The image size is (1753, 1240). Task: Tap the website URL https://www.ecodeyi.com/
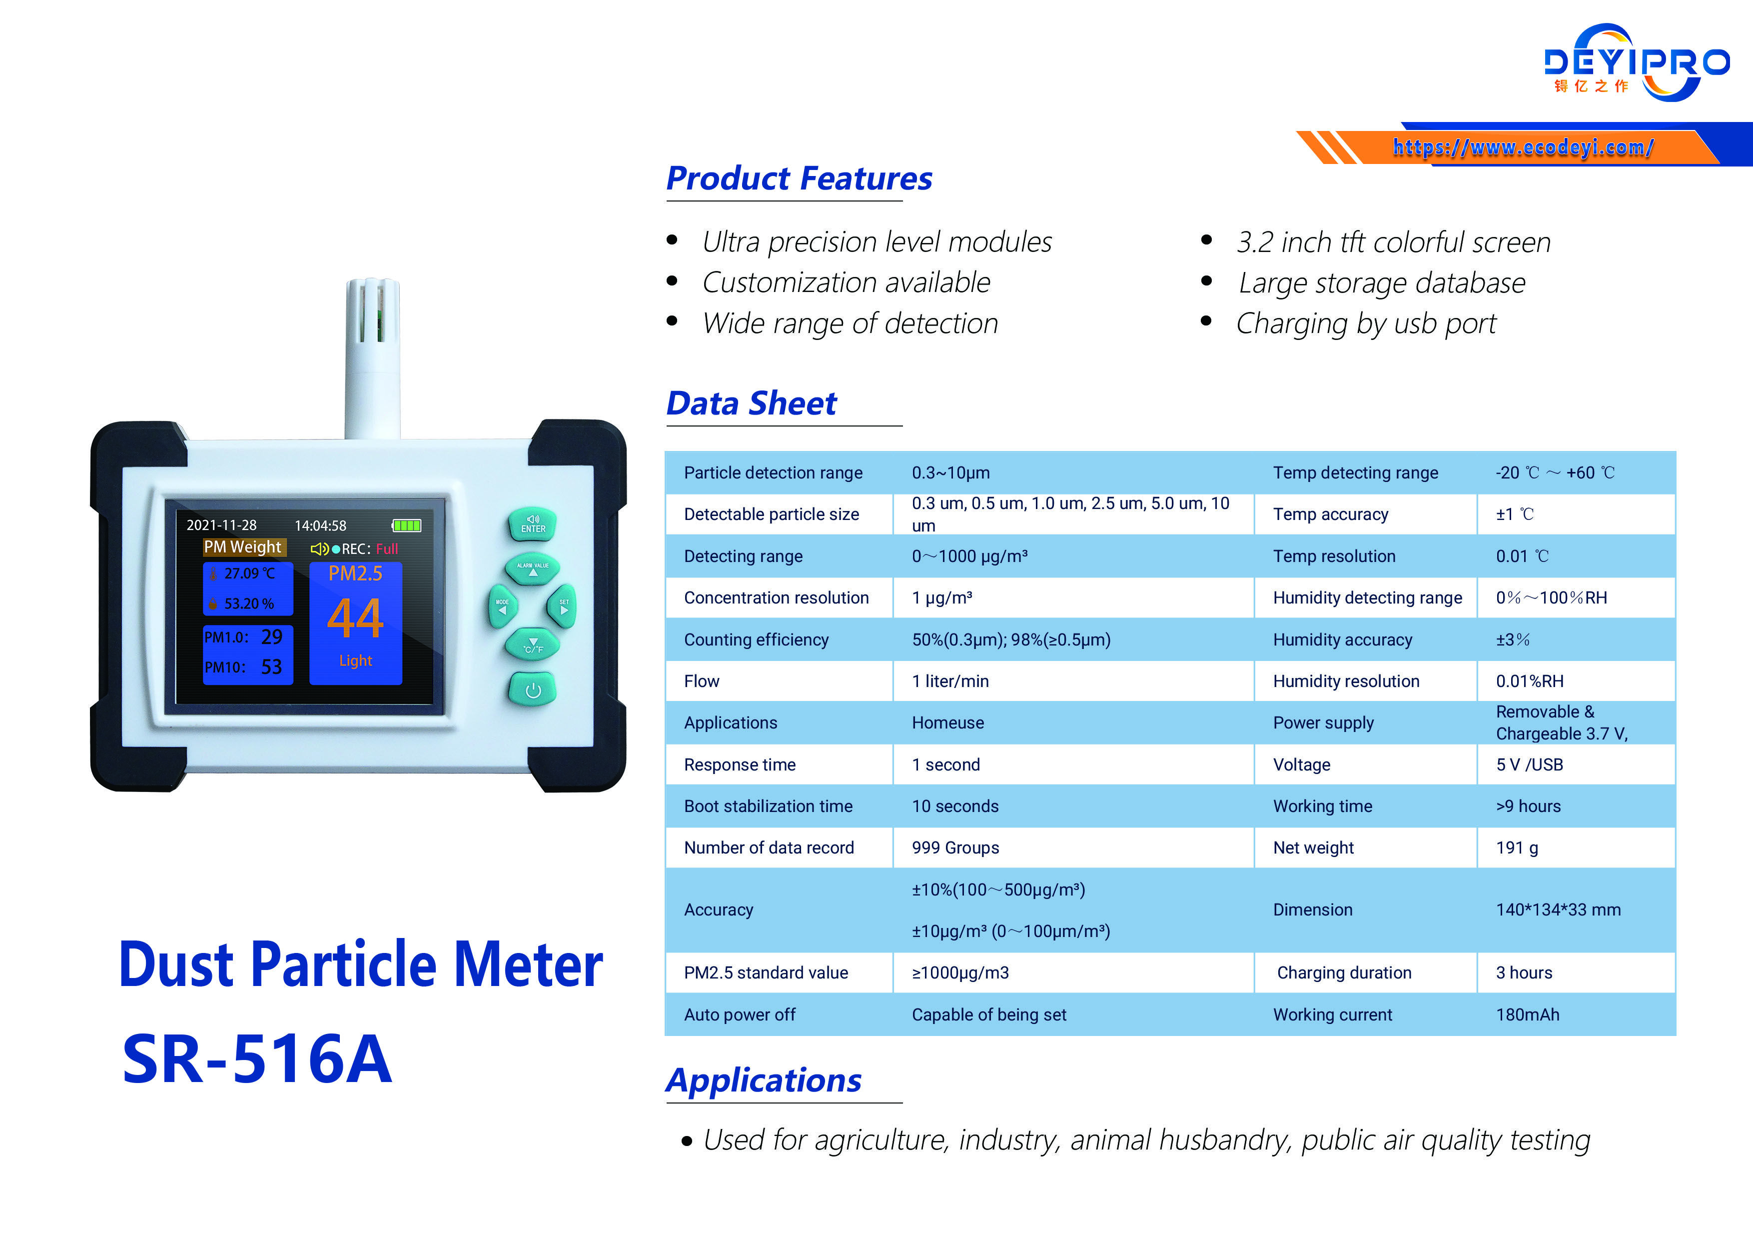click(x=1523, y=146)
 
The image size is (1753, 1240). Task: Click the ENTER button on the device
click(x=533, y=524)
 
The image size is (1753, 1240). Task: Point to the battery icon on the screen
click(x=406, y=525)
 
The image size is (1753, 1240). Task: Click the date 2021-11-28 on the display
click(x=221, y=525)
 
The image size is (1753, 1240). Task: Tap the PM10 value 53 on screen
click(x=271, y=667)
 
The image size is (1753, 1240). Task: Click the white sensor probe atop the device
click(x=373, y=351)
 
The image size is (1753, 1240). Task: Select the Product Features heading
click(x=799, y=179)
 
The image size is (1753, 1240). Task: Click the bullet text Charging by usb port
click(x=1365, y=324)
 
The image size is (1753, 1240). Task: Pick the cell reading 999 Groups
click(x=955, y=847)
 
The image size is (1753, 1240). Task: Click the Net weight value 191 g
click(x=1516, y=847)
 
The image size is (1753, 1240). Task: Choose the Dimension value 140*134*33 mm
click(x=1558, y=910)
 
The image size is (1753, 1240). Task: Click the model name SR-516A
click(x=257, y=1059)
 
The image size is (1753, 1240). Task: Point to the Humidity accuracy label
click(x=1342, y=639)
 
